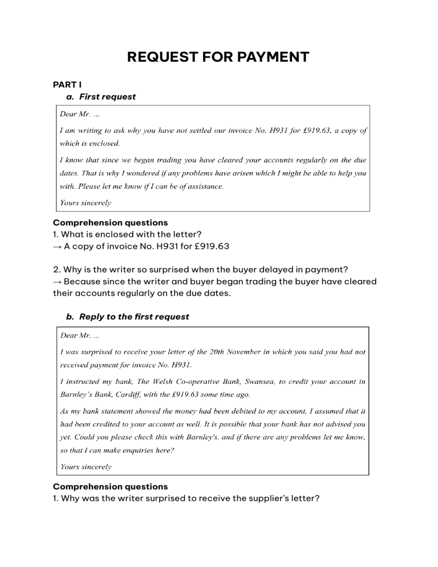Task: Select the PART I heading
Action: (x=67, y=85)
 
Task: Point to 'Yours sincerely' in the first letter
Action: (x=86, y=202)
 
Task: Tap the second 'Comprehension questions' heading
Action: (x=110, y=487)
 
